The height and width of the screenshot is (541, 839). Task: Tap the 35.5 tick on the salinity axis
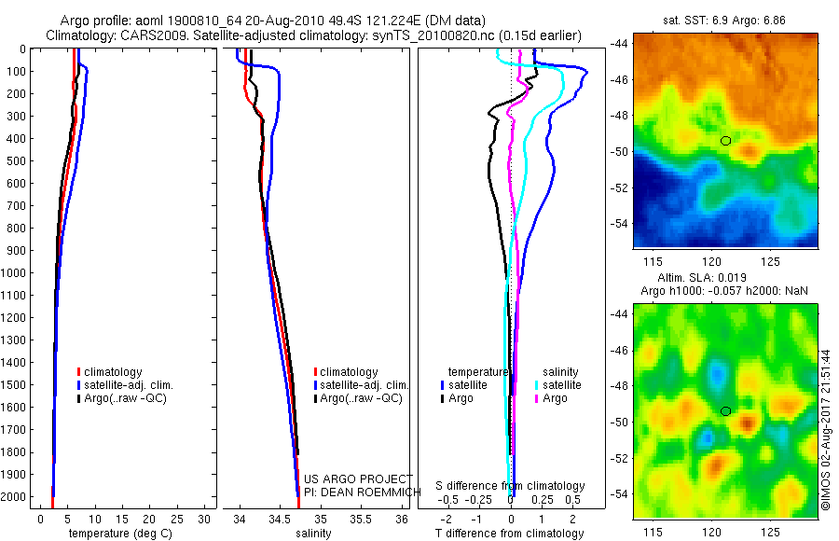362,519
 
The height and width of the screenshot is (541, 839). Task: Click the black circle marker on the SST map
725,141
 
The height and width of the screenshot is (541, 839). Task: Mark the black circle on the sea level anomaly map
725,410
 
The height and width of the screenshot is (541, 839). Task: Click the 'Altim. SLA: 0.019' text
698,279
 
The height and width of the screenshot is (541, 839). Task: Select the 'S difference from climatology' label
511,486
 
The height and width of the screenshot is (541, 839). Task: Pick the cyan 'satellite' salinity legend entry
558,384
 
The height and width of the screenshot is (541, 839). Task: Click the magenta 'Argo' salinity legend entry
551,398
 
